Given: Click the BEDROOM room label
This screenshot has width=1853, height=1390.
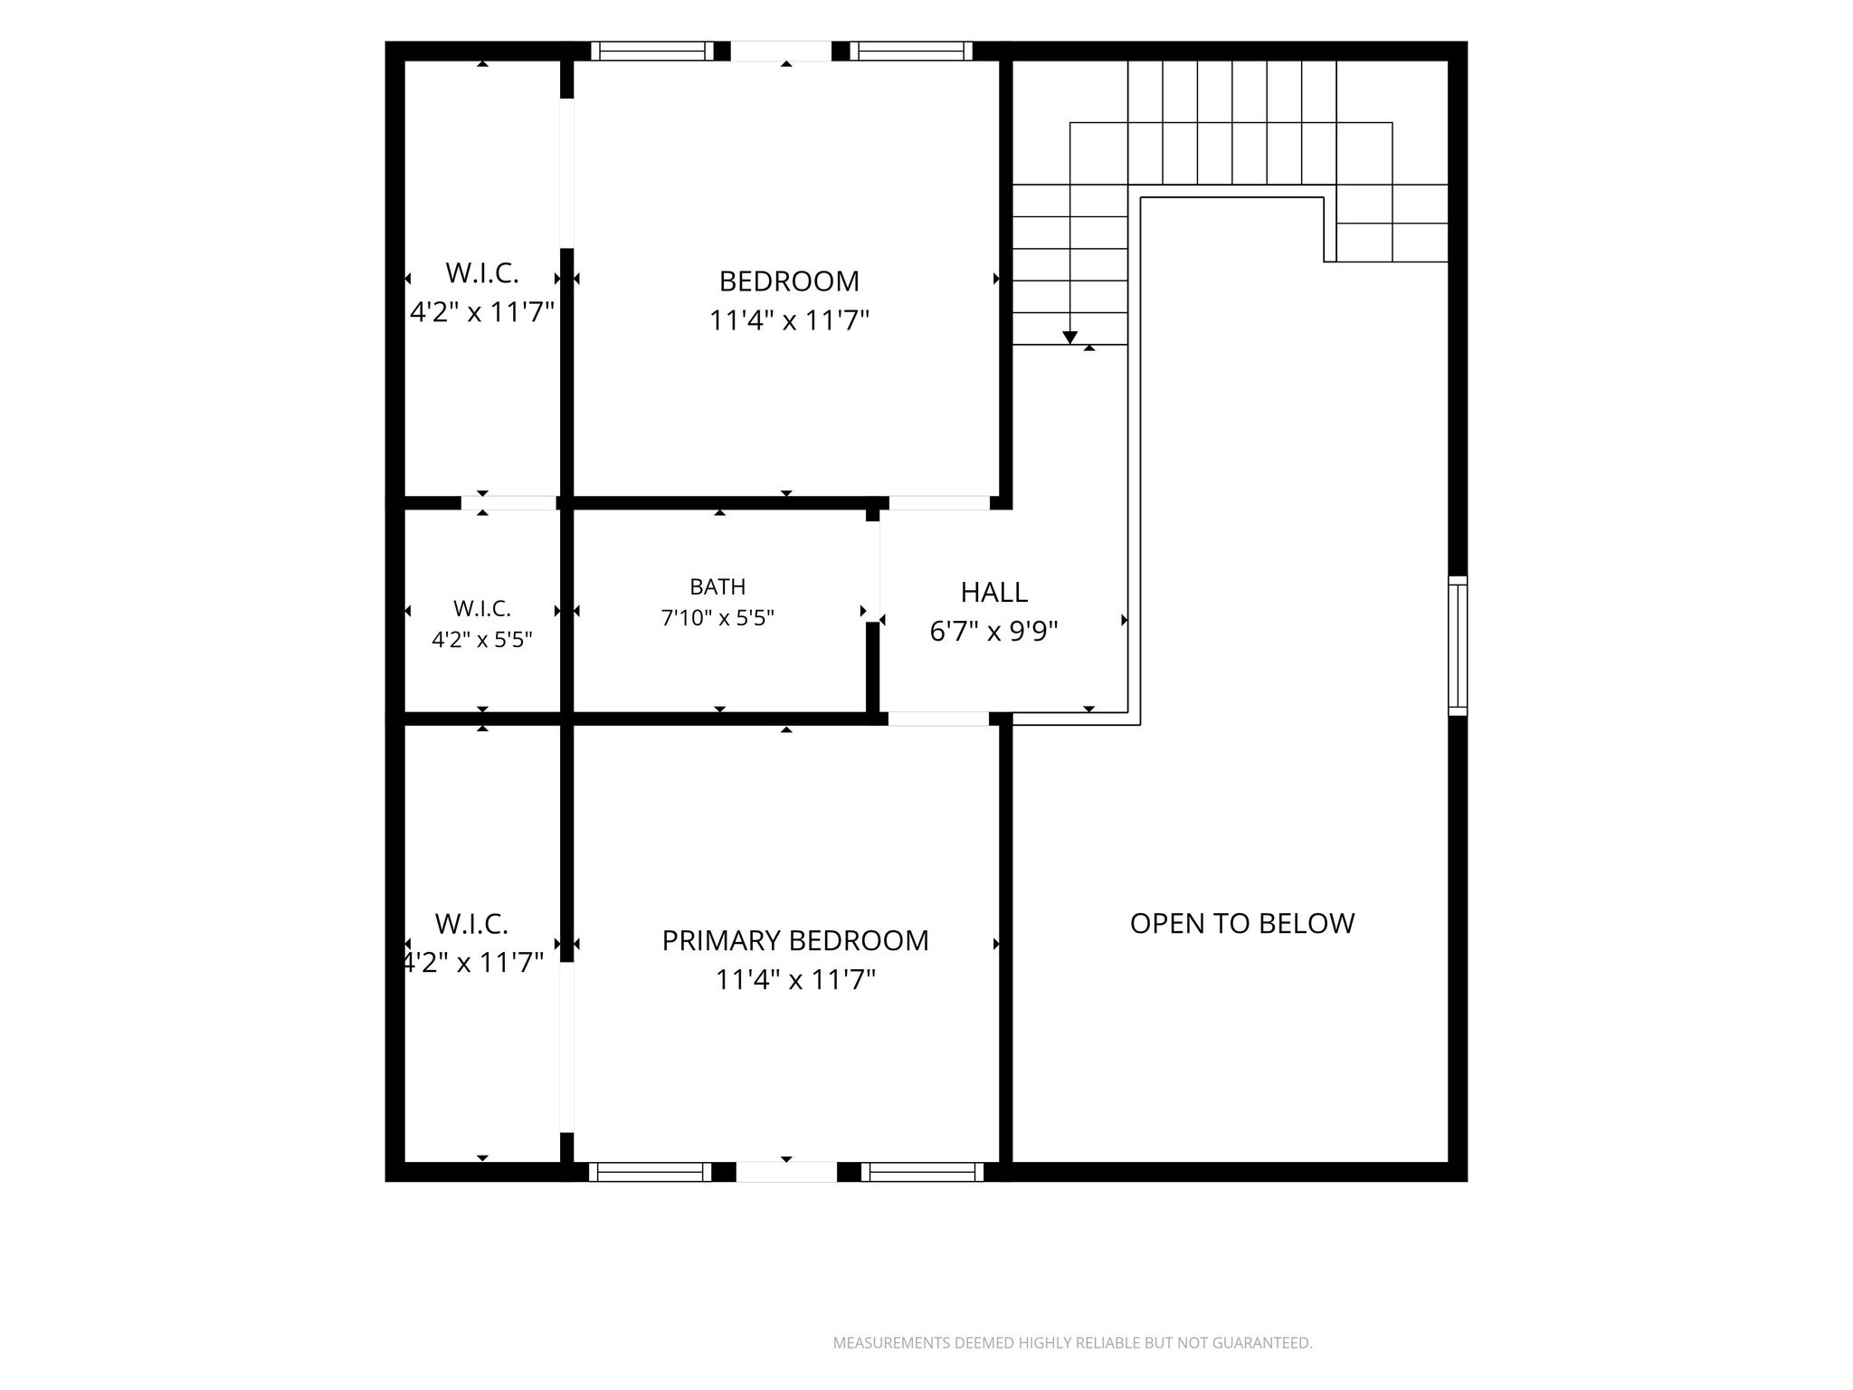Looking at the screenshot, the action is click(x=789, y=281).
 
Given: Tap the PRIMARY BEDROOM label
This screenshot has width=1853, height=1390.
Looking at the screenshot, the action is click(x=795, y=941).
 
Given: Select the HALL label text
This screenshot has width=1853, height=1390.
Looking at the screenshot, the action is click(x=994, y=593).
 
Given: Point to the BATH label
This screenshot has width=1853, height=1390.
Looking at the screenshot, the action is click(x=717, y=587).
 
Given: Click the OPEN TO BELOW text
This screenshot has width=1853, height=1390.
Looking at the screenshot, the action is click(x=1242, y=923).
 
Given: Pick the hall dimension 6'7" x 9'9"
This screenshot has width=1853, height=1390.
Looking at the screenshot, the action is click(x=994, y=631).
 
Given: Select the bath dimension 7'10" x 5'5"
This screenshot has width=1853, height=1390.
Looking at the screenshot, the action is click(x=717, y=618).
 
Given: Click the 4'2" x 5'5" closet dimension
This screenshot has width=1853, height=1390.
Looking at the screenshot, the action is click(x=482, y=640).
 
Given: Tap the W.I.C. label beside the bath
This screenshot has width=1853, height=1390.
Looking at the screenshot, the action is click(x=482, y=608).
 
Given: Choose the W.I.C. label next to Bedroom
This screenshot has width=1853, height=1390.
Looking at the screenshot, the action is click(x=482, y=272).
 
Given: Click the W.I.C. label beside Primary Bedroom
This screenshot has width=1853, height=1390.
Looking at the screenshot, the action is click(x=471, y=924).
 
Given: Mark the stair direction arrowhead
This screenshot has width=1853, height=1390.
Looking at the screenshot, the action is click(x=1070, y=338).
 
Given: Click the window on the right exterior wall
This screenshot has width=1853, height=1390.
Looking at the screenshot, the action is click(x=1458, y=645).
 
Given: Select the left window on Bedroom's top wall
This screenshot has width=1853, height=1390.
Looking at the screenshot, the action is click(x=652, y=51).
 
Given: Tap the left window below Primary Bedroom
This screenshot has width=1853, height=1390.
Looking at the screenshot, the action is click(x=651, y=1172).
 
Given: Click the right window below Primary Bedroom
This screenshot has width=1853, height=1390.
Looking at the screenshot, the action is click(x=922, y=1172).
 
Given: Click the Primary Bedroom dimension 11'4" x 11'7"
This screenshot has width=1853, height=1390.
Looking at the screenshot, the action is click(x=795, y=980).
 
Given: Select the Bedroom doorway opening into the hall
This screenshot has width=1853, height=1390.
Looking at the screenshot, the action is click(x=939, y=503).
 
